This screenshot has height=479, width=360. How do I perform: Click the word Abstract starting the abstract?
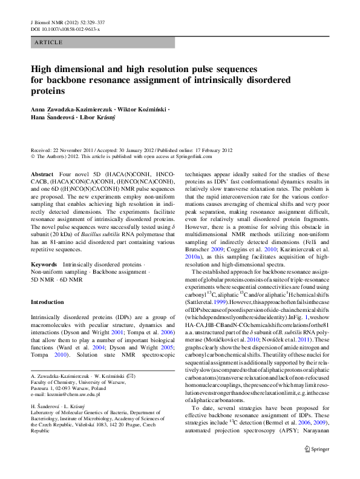pos(42,174)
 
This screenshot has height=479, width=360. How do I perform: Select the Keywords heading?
pos(44,265)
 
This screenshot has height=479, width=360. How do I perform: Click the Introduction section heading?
pos(47,301)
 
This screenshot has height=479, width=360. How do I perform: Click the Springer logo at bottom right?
pos(316,466)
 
